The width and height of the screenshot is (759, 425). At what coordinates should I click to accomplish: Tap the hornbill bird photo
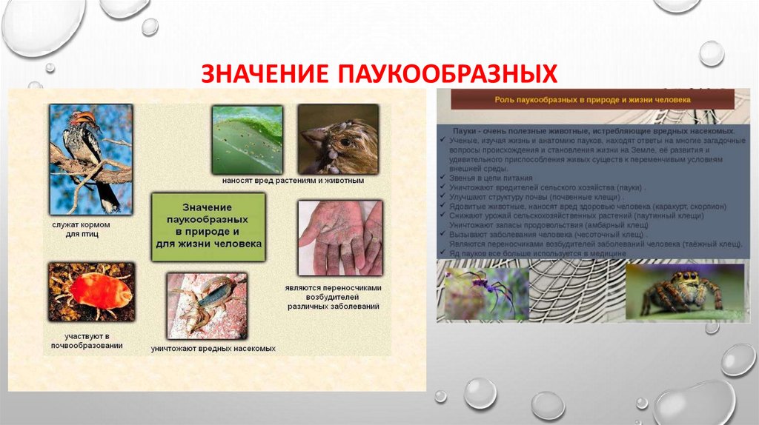click(x=90, y=158)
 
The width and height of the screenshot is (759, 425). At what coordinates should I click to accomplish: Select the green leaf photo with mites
click(x=247, y=138)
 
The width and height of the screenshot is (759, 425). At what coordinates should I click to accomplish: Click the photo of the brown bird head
click(x=338, y=138)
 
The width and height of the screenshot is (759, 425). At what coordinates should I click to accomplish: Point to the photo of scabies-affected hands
click(x=339, y=238)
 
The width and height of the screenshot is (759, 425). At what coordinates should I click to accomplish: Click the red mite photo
click(x=91, y=291)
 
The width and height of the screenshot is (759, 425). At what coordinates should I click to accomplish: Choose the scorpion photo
click(x=206, y=304)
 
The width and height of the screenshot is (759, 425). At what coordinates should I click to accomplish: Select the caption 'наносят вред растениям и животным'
click(x=294, y=181)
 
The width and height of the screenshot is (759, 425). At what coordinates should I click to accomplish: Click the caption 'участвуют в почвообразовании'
click(x=87, y=339)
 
